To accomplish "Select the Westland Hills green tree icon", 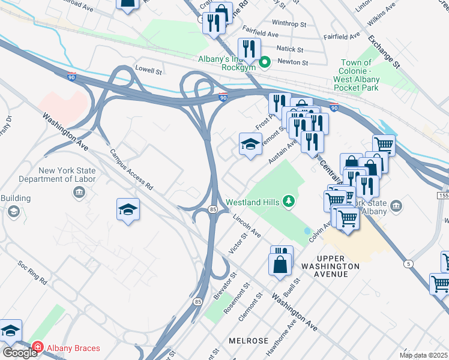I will (x=289, y=201).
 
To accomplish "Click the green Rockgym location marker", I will (x=265, y=61).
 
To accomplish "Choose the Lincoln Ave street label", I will (x=247, y=224).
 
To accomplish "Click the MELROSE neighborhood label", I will (x=249, y=340).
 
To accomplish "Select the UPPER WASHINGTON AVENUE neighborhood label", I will (x=330, y=266).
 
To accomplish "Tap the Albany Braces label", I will (x=74, y=348).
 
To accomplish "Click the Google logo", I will (x=19, y=352).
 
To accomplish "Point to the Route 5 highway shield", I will (x=409, y=263).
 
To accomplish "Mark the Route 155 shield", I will (x=443, y=196).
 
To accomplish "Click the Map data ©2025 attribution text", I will (x=423, y=355).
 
